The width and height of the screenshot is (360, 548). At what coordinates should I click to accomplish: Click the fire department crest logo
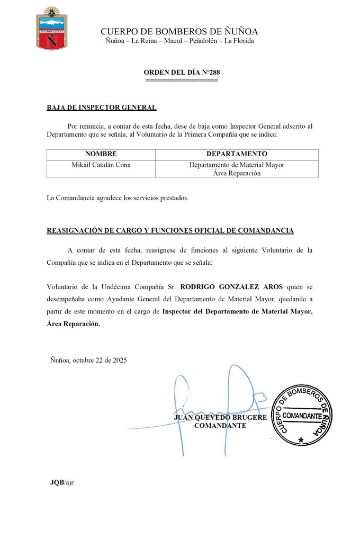point(51,29)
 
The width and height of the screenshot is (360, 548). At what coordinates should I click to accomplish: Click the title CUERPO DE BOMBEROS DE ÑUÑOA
point(179,32)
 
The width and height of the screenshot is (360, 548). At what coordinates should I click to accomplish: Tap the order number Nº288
point(206,72)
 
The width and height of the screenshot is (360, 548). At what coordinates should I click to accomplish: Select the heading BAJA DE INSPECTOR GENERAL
point(102,107)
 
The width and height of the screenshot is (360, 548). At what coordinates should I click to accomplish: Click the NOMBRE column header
point(101,154)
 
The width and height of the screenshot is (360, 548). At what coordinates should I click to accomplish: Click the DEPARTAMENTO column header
point(237,154)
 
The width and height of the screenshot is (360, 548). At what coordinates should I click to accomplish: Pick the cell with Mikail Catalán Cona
point(101,165)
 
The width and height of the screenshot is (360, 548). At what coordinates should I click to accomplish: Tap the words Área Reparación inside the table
point(237,173)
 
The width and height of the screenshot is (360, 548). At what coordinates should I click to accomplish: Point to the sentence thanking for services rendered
point(118,199)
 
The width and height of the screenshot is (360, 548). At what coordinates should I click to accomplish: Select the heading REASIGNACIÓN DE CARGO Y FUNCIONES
point(170,231)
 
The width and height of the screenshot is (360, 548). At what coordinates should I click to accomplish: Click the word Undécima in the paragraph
point(115,287)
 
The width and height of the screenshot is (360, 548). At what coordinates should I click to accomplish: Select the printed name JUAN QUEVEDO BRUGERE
point(220,418)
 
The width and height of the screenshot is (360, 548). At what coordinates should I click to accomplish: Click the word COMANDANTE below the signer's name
point(220,426)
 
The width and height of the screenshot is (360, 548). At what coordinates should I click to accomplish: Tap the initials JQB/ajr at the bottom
point(61,482)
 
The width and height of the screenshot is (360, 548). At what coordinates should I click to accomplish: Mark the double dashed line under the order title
point(182,80)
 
